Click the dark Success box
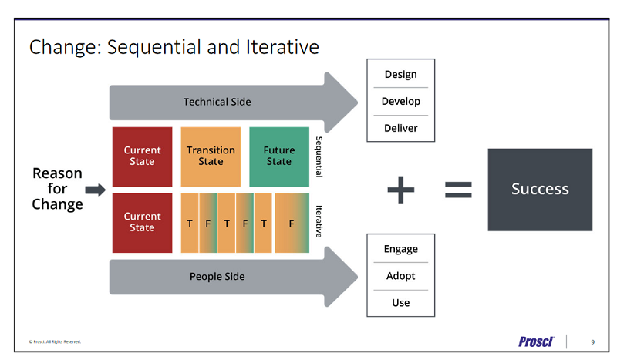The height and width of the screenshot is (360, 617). [x=540, y=190]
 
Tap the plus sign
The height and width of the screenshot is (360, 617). [x=400, y=190]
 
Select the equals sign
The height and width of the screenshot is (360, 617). [x=458, y=190]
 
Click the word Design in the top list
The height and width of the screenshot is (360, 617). [x=400, y=75]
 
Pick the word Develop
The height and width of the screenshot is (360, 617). [x=400, y=102]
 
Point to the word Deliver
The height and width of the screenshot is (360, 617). [x=400, y=128]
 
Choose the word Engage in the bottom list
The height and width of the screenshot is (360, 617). [x=400, y=249]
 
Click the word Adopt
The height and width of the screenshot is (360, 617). [x=400, y=276]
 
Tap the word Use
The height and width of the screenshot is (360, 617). [x=400, y=303]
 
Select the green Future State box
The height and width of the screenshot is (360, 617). [x=279, y=156]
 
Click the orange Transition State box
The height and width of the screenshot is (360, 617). [x=211, y=156]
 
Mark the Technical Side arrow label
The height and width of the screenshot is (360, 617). [x=217, y=102]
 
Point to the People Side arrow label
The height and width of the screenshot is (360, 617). [x=217, y=277]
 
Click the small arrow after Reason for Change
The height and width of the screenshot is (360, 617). [x=95, y=190]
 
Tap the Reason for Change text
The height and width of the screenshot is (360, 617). [x=57, y=189]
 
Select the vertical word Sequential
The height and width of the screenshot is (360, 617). [x=318, y=157]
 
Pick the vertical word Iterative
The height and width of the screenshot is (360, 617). [x=318, y=221]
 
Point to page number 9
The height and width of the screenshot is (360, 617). [x=592, y=341]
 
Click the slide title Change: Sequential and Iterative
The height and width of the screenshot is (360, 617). [x=174, y=47]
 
